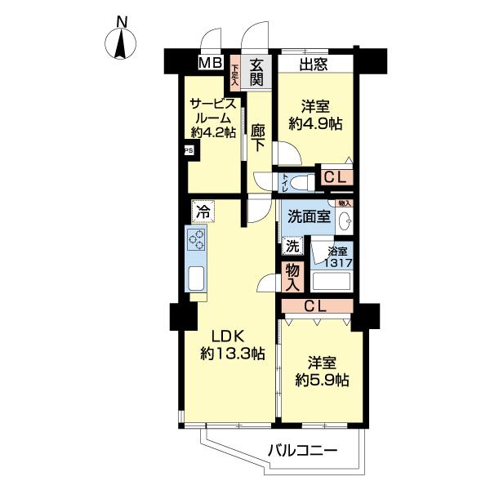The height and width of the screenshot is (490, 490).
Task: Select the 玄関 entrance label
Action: pyautogui.click(x=256, y=72)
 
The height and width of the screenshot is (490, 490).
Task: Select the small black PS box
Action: pyautogui.click(x=188, y=150)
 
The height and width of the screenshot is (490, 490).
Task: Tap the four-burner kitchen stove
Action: pyautogui.click(x=197, y=239)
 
